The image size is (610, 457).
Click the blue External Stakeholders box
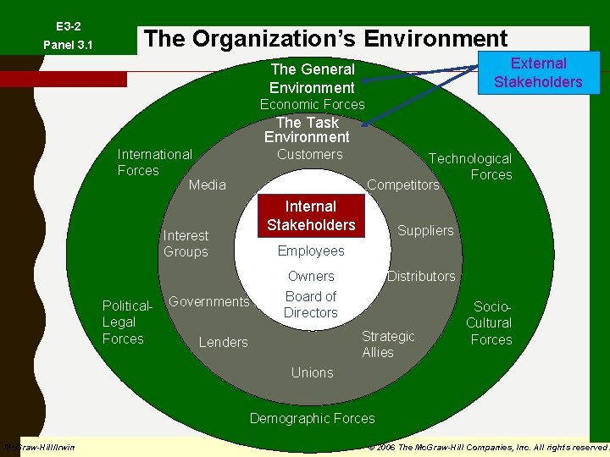pos(538,73)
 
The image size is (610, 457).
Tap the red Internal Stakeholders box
pos(311,216)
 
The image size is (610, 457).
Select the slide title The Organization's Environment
pos(326,39)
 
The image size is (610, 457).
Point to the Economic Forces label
pos(312,104)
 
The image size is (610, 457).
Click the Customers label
pos(310,154)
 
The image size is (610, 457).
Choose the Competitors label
pos(402,184)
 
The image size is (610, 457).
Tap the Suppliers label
pos(425,230)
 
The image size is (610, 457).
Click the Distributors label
pos(421,276)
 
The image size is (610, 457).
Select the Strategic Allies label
pos(388,344)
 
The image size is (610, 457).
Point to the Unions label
pos(312,372)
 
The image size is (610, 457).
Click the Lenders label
pos(223,342)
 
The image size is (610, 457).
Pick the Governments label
pos(209,301)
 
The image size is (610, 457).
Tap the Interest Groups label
pos(186,244)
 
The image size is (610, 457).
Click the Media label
pos(207,184)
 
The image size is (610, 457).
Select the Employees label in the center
pos(311,251)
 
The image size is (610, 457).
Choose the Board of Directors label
pos(311,305)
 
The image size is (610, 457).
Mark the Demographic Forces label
pos(312,418)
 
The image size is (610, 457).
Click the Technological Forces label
pos(470,167)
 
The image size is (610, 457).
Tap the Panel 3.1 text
pos(68,45)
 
